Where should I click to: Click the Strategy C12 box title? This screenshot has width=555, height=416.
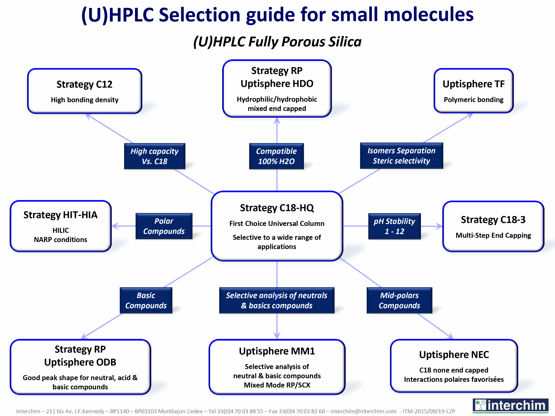(84, 84)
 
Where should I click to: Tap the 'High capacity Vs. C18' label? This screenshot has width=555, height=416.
(155, 156)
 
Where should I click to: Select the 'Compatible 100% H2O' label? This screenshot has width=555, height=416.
(276, 156)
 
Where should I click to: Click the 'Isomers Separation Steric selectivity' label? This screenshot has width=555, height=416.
(401, 156)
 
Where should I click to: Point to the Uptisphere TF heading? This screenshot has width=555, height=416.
(473, 84)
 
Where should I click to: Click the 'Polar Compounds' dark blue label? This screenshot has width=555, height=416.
(164, 226)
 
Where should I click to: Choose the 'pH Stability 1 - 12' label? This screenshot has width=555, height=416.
(394, 226)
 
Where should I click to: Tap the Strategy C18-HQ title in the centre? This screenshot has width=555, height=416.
(277, 208)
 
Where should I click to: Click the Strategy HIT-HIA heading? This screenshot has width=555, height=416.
(60, 215)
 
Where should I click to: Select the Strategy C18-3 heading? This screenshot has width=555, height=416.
(493, 220)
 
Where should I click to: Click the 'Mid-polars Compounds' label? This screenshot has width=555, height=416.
(399, 300)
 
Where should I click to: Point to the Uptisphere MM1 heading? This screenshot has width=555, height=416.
(277, 351)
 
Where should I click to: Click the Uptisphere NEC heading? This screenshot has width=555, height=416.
(454, 354)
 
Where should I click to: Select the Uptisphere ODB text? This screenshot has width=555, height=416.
(80, 362)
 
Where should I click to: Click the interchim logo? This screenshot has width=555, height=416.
(510, 405)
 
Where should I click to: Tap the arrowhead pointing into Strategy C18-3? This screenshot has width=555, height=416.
(439, 226)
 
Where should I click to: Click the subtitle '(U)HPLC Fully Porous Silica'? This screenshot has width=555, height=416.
(277, 42)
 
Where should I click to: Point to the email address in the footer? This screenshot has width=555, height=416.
(363, 411)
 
